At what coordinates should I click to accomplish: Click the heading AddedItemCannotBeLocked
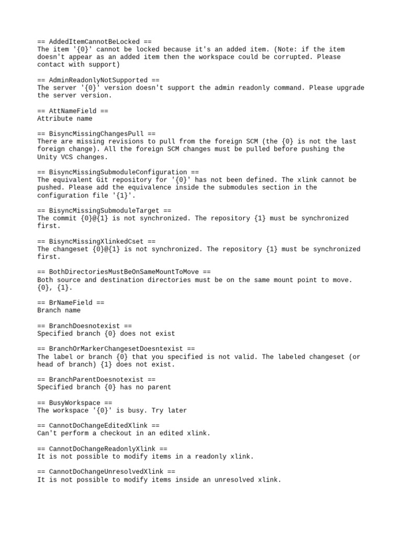(95, 41)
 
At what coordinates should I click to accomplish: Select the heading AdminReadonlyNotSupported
(98, 80)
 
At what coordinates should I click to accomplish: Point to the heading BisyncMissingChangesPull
(96, 134)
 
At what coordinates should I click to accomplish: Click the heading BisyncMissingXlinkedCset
(96, 241)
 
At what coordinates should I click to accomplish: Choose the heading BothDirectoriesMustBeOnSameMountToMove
(124, 272)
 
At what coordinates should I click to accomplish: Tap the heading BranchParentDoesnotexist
(96, 379)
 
